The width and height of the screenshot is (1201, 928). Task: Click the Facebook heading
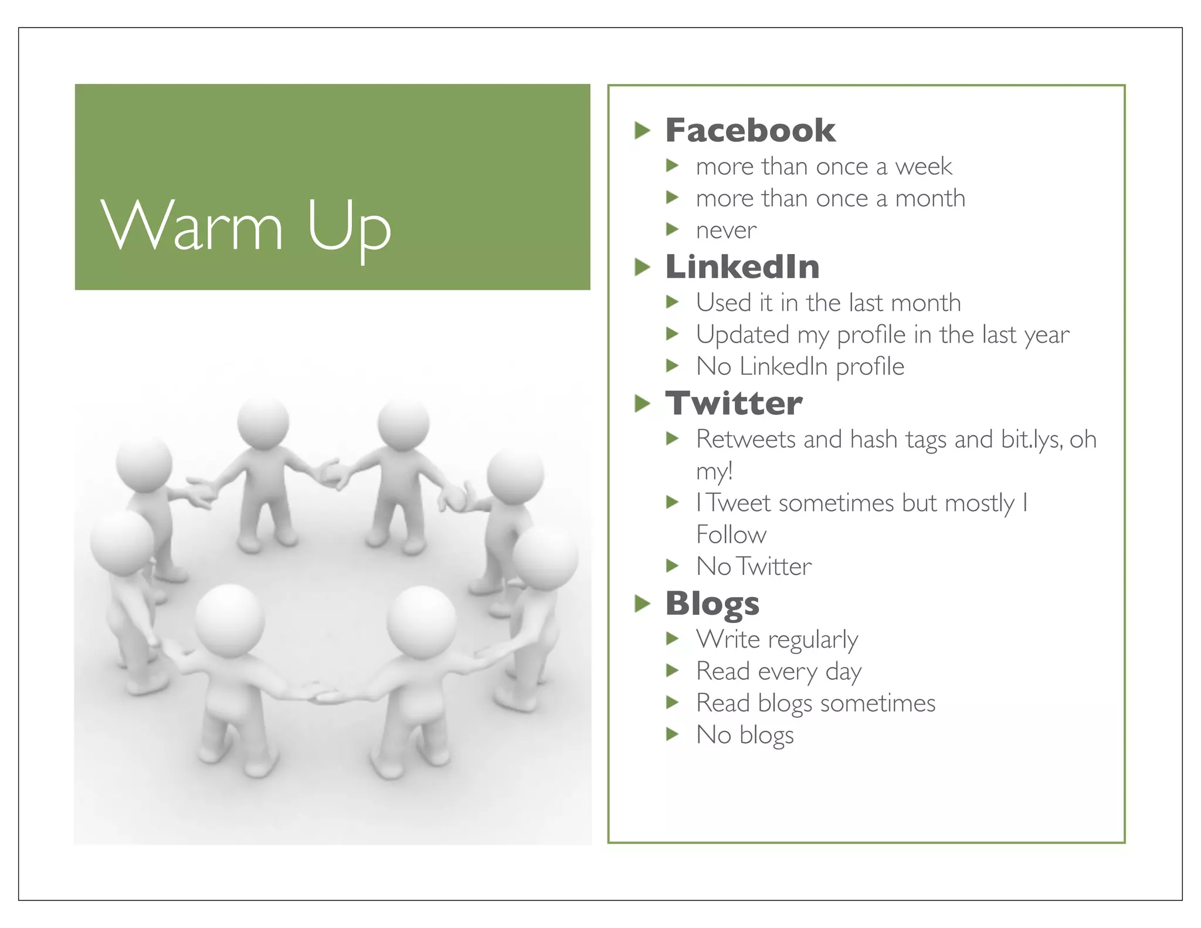tap(750, 130)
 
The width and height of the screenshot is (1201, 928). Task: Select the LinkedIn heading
tap(742, 267)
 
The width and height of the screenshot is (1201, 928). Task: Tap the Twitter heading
tap(734, 403)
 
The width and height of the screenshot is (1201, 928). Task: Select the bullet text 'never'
tap(726, 230)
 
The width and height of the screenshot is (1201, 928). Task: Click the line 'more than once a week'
tap(824, 167)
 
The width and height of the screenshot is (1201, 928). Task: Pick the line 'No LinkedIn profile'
tap(800, 367)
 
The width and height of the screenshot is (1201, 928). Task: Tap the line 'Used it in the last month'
tap(828, 303)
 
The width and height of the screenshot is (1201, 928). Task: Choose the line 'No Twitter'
tap(754, 567)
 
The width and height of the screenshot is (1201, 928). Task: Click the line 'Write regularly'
tap(777, 639)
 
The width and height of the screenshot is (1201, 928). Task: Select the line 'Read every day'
tap(779, 672)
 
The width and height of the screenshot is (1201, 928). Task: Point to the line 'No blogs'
tap(745, 735)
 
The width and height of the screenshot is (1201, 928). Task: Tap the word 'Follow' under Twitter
tap(731, 535)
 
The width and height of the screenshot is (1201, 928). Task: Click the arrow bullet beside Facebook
tap(643, 131)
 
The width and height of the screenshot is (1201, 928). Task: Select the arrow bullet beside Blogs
tap(643, 604)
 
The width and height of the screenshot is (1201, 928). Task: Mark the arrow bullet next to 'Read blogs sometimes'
tap(672, 702)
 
